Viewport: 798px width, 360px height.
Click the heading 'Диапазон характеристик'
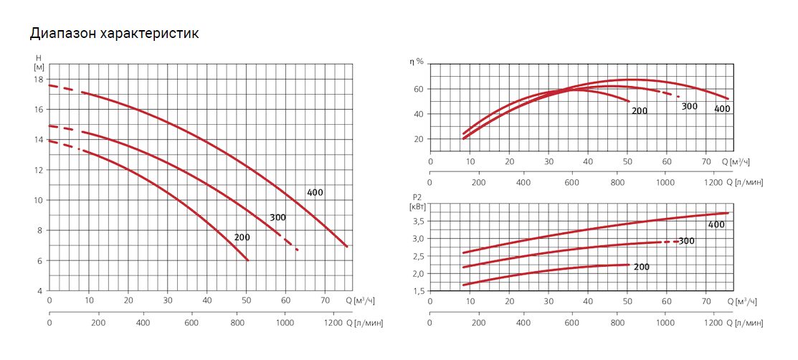(114, 34)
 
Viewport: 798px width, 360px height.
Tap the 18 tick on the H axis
(39, 80)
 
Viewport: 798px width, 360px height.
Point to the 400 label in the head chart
(315, 192)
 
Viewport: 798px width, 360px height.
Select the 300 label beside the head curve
(278, 217)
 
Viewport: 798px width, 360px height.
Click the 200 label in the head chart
(242, 237)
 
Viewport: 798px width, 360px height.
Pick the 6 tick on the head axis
(41, 261)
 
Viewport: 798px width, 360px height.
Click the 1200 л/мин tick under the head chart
(333, 322)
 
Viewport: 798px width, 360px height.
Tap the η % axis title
(417, 61)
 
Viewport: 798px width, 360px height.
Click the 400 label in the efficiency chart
(723, 109)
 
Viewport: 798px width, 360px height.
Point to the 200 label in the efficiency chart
(640, 110)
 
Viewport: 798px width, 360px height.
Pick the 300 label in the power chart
(687, 241)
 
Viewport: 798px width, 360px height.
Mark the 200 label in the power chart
(642, 266)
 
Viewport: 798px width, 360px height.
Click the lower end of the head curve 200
(248, 260)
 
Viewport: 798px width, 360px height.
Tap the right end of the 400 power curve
(728, 213)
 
